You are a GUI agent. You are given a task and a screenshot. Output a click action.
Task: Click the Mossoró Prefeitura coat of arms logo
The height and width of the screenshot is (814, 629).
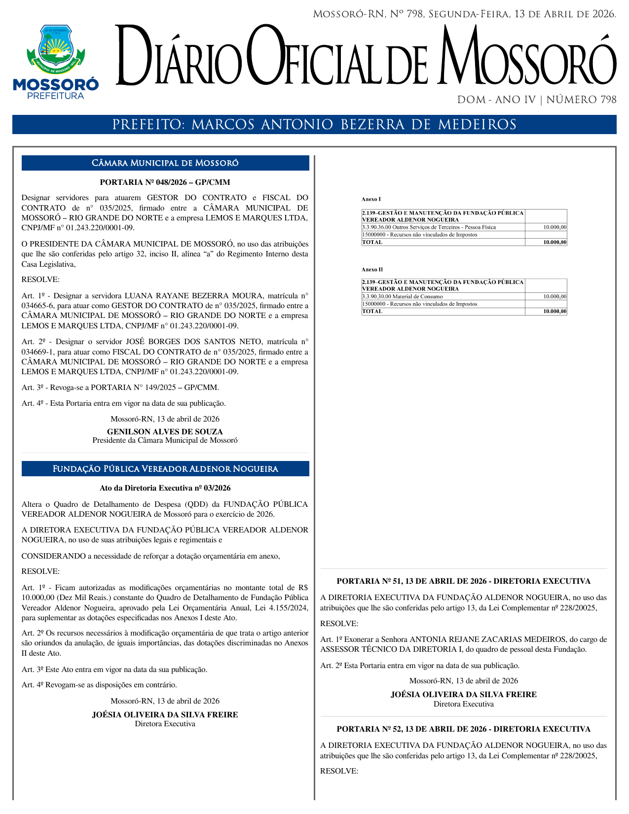point(55,62)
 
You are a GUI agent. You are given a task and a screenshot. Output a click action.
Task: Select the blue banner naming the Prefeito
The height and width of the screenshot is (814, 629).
point(314,125)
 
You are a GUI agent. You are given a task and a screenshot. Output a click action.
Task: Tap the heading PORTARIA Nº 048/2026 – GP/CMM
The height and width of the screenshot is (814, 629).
point(165,182)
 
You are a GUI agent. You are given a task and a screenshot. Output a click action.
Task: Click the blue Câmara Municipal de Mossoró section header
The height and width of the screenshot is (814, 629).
point(165,163)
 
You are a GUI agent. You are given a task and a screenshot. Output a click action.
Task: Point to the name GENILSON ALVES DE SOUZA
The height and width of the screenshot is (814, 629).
point(165,432)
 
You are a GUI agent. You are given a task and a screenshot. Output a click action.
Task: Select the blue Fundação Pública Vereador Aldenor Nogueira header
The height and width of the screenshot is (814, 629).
point(165,469)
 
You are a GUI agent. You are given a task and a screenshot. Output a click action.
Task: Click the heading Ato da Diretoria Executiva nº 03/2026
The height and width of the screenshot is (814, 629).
point(165,488)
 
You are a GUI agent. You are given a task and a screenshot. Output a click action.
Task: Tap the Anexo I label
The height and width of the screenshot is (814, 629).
point(371,199)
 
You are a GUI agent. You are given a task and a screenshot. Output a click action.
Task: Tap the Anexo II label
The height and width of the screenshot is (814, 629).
point(372,270)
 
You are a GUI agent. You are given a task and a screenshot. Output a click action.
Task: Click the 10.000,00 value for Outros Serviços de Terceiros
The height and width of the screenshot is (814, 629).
point(555,227)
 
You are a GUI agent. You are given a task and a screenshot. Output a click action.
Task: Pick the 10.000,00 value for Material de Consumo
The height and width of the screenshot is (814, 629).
point(555,297)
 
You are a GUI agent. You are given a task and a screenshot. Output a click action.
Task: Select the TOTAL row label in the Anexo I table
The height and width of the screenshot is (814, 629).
point(372,242)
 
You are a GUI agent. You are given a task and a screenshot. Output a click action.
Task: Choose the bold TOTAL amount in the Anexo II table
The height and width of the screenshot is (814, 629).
point(555,312)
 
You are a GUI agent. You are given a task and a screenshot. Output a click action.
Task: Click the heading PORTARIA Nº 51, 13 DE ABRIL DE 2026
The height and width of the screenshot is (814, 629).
point(463,581)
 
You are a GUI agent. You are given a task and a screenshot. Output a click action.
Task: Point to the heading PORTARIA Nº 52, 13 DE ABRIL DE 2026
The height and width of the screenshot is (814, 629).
point(463,729)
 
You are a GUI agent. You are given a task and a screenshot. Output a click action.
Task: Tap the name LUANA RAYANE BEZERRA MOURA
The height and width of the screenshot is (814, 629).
point(193,296)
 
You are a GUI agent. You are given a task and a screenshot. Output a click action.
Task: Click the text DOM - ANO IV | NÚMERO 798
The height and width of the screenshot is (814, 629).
point(537,100)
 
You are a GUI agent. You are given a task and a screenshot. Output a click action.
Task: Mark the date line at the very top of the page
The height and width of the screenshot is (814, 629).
point(464,14)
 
